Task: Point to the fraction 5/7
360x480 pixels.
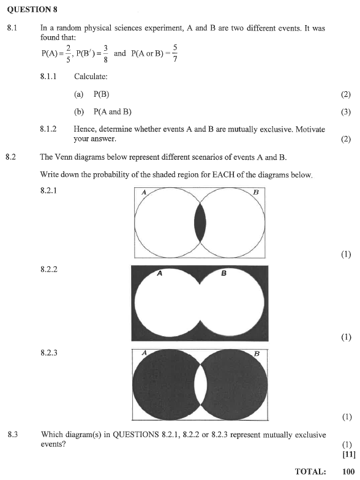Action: [175, 53]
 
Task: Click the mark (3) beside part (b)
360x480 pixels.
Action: [346, 112]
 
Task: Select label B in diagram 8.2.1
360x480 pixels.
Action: [256, 192]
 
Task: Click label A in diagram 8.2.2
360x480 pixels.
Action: [159, 274]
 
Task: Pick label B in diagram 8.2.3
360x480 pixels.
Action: [257, 353]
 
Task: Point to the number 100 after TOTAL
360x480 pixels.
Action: [348, 471]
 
